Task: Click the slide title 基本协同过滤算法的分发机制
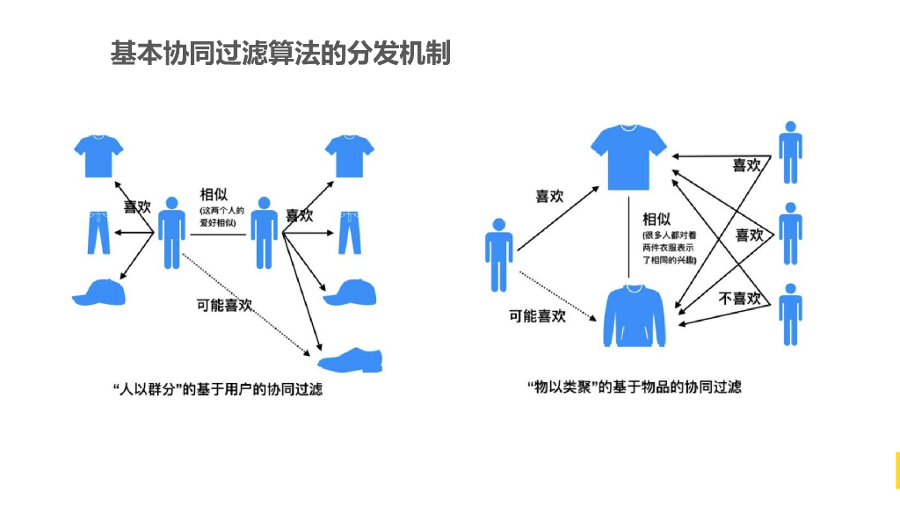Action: [x=280, y=54]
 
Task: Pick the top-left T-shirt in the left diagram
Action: [x=98, y=155]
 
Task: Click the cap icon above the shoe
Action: [x=350, y=293]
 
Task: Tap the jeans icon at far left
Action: [x=98, y=231]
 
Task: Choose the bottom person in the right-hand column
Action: [x=790, y=314]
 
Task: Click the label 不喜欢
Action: [x=740, y=299]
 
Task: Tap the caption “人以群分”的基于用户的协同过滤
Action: [x=218, y=388]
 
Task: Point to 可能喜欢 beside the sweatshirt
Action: [x=537, y=315]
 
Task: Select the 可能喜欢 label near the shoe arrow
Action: [x=224, y=305]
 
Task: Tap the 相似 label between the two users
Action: [x=214, y=194]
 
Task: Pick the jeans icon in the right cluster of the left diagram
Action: [x=350, y=231]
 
